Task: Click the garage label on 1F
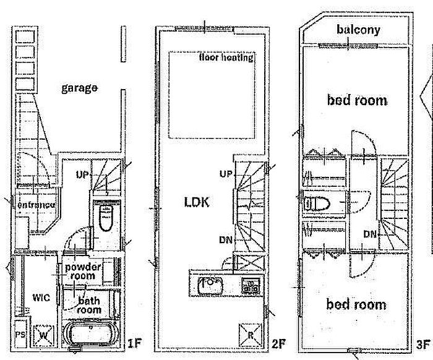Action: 79,88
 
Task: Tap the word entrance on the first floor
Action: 36,204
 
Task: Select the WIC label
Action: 41,297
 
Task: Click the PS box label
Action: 20,335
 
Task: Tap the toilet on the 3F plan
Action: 319,202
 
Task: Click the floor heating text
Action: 226,58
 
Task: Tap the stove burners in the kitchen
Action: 250,286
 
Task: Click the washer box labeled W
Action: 44,335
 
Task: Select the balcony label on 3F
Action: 358,29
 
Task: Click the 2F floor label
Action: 278,341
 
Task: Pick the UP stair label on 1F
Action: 83,175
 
